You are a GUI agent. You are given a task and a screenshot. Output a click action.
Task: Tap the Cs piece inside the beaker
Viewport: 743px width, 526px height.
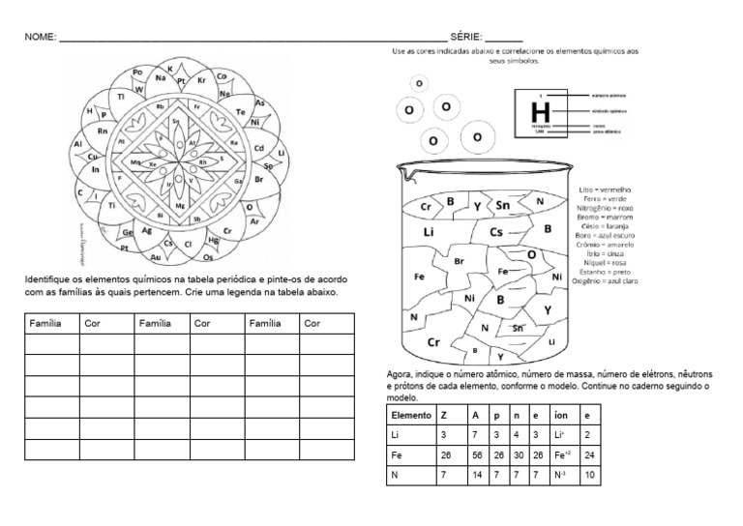pyautogui.click(x=497, y=232)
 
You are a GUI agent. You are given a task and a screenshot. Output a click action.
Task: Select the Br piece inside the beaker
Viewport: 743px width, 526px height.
pyautogui.click(x=460, y=261)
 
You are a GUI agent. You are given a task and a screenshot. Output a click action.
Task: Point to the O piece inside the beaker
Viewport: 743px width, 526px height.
pyautogui.click(x=531, y=253)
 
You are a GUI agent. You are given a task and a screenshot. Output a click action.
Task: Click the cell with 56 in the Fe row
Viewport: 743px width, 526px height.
pyautogui.click(x=476, y=455)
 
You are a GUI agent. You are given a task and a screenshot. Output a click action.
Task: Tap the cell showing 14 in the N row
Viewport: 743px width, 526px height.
pyautogui.click(x=476, y=475)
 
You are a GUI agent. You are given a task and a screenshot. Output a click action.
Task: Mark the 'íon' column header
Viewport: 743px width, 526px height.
pyautogui.click(x=560, y=415)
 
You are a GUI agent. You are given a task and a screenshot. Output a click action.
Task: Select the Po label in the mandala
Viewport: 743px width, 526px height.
pyautogui.click(x=137, y=73)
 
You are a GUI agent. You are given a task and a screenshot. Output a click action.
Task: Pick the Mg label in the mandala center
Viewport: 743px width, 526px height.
pyautogui.click(x=180, y=206)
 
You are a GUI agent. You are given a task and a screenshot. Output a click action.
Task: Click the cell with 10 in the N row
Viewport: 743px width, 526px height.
pyautogui.click(x=591, y=475)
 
